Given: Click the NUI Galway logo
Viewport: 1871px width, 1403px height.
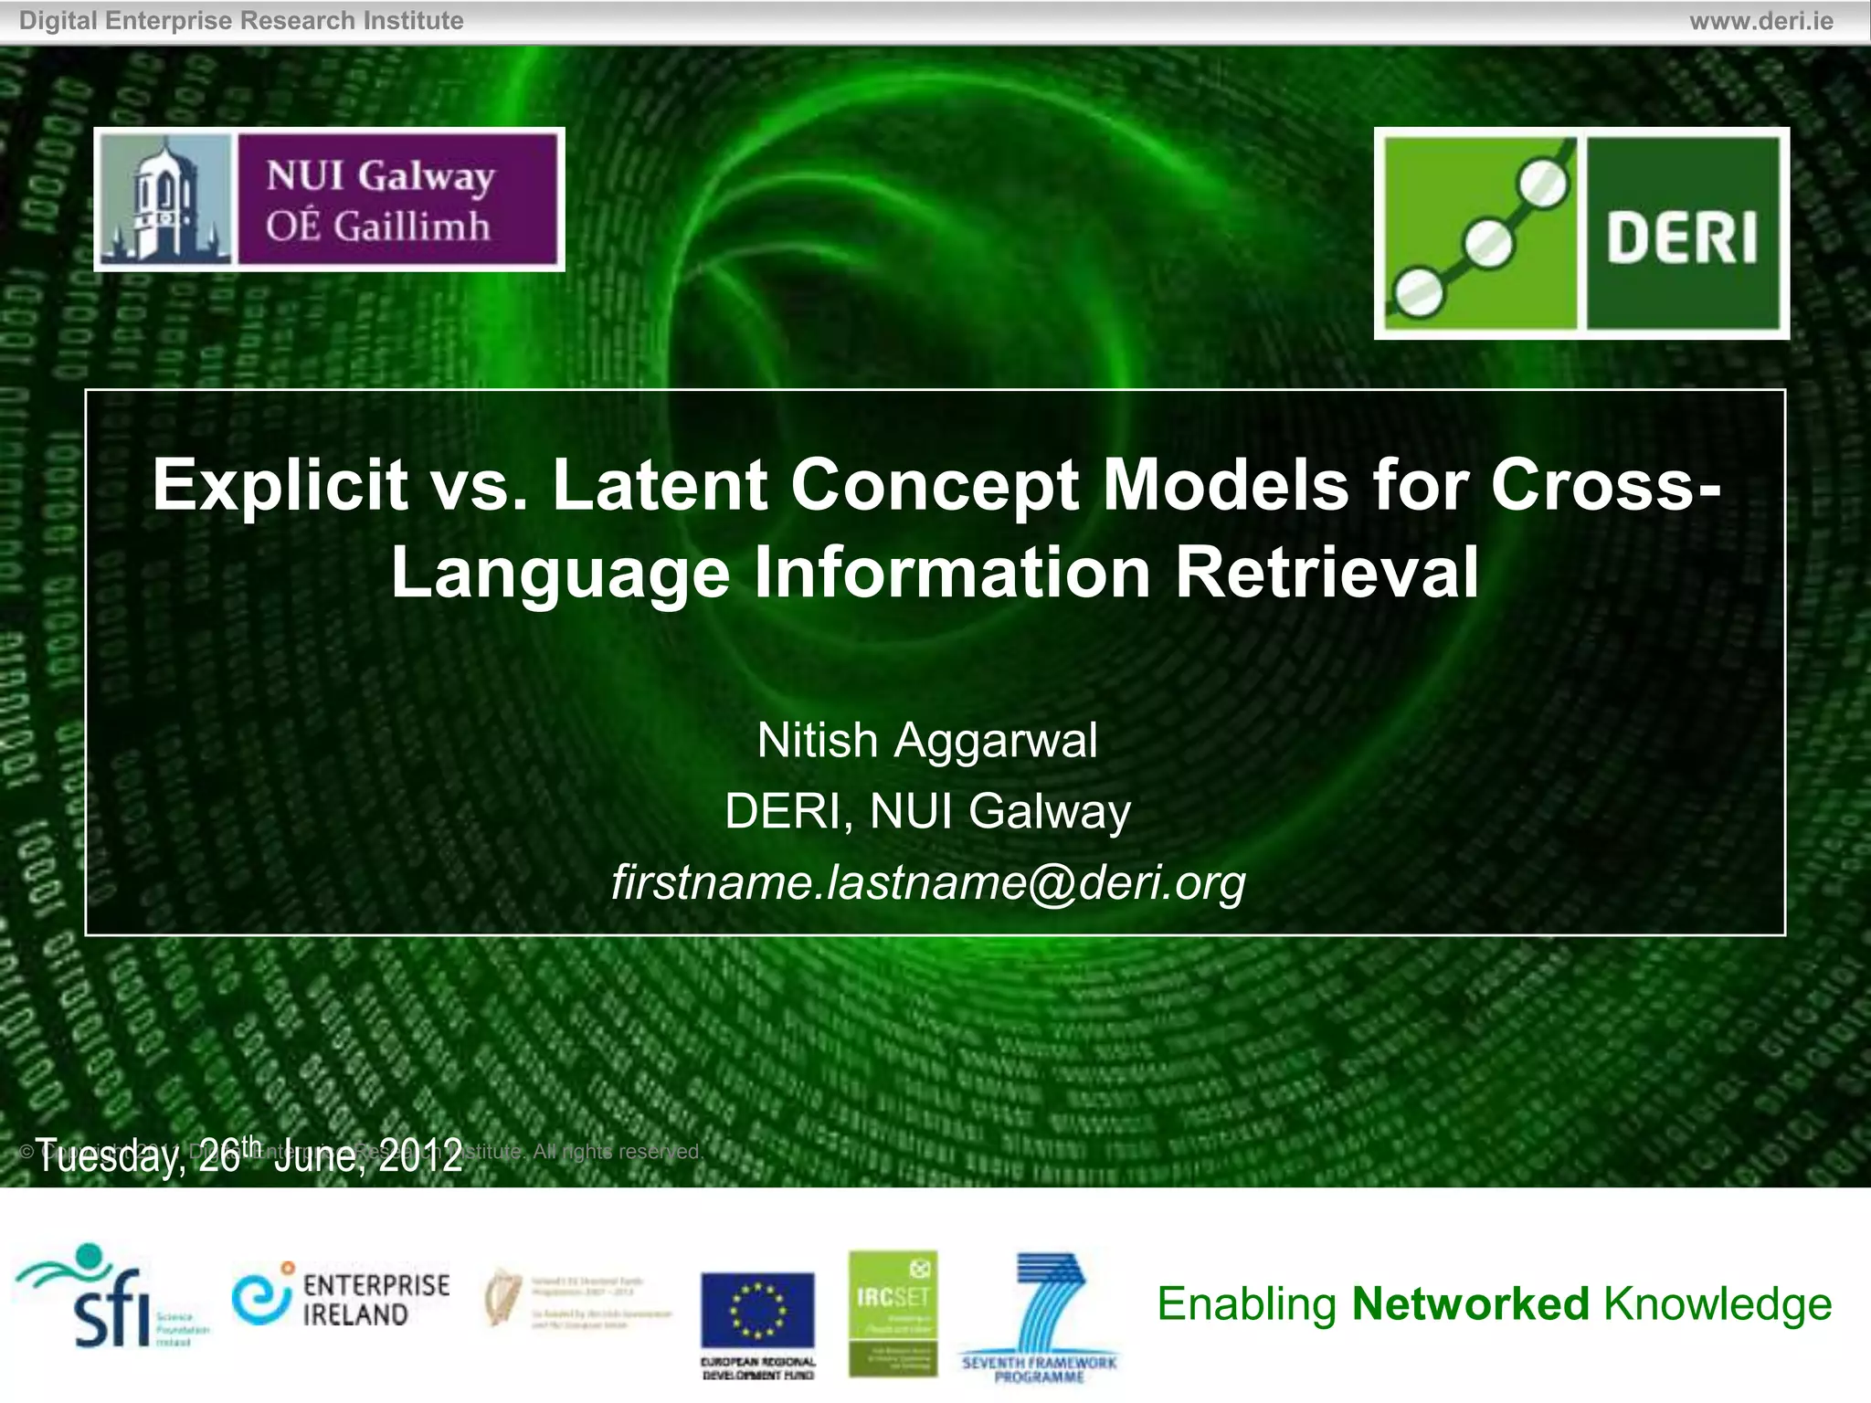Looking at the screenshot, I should click(x=329, y=199).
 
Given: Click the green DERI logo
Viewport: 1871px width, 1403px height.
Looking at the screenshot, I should click(x=1581, y=234).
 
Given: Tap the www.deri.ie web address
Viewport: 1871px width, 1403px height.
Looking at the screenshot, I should click(x=1760, y=21).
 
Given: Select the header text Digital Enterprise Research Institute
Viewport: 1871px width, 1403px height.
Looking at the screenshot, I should click(x=241, y=21).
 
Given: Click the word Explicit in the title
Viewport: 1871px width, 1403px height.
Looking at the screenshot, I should click(x=280, y=485).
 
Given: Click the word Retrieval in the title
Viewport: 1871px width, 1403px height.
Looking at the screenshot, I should click(x=1327, y=573).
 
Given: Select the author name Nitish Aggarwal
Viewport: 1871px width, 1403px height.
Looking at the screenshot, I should click(x=927, y=740).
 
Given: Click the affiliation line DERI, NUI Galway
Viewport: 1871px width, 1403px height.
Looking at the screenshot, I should click(x=927, y=811).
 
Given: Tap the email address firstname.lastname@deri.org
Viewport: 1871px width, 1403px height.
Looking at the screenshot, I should click(x=928, y=882).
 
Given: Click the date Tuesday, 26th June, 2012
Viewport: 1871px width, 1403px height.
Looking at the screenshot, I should click(x=249, y=1155).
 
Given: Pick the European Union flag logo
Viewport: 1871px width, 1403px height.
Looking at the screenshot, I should click(x=757, y=1311).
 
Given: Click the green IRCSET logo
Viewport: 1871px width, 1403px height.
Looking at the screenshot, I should click(x=893, y=1313).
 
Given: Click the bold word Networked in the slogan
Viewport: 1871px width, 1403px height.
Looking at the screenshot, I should click(x=1470, y=1303).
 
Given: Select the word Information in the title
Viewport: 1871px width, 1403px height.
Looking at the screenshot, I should click(x=951, y=573).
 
